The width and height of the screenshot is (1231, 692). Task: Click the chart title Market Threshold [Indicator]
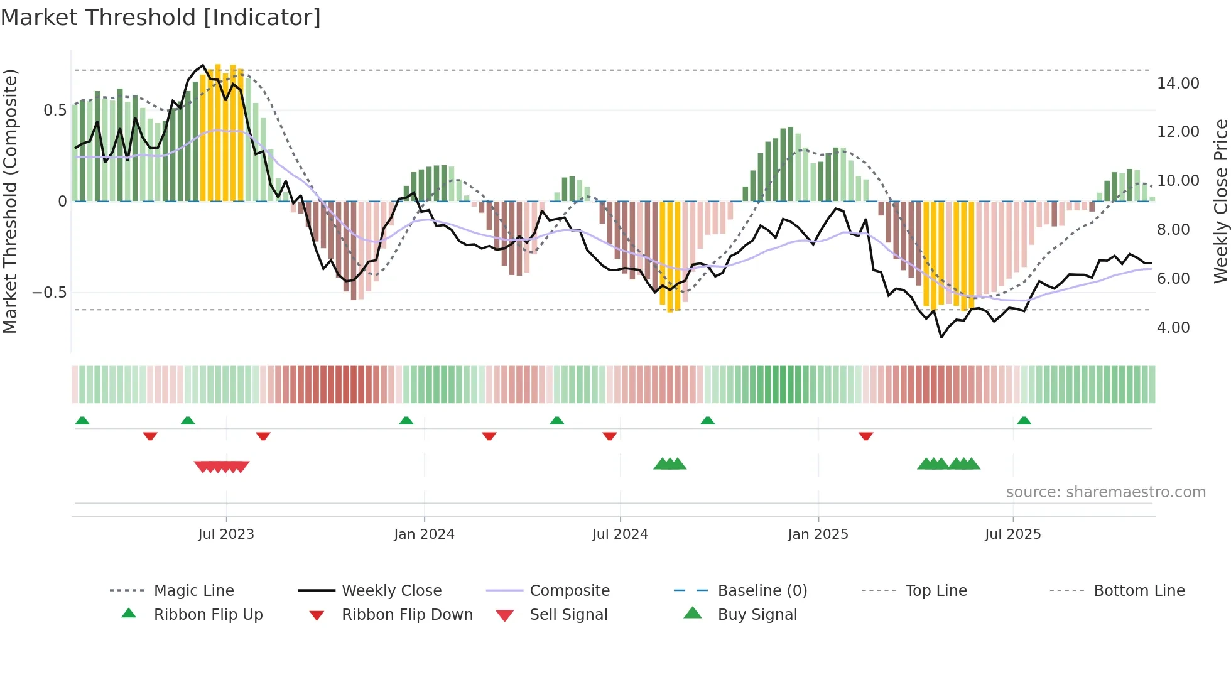[161, 18]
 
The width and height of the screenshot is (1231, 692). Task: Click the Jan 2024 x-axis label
[424, 534]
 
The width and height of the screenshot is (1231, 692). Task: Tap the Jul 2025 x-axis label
[1012, 534]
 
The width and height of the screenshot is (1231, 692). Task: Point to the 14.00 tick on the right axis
[1178, 83]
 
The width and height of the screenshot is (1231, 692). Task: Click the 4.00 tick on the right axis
[1173, 327]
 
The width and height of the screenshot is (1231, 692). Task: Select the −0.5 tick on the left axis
[50, 293]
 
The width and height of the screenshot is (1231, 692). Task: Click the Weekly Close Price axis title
[1220, 201]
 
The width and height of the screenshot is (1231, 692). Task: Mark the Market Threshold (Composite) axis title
[10, 201]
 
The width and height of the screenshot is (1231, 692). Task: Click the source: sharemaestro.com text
[1105, 492]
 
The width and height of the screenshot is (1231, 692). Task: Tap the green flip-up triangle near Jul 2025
[1024, 421]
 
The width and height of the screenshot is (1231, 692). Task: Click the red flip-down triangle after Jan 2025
[865, 436]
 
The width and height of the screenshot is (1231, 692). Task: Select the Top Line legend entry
[936, 590]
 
